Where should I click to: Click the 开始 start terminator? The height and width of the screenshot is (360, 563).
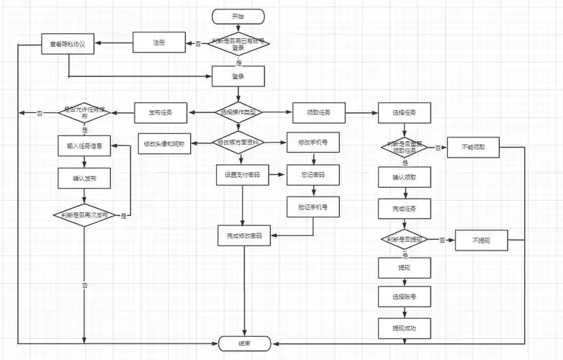click(x=238, y=16)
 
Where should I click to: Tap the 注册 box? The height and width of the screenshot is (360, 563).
click(x=159, y=43)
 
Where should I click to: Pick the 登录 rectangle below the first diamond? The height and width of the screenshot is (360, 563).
click(x=238, y=76)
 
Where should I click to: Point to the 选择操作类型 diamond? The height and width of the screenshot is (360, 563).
click(x=238, y=112)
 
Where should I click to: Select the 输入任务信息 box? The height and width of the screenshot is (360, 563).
click(x=84, y=145)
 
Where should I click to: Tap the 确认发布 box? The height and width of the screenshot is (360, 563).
click(x=84, y=178)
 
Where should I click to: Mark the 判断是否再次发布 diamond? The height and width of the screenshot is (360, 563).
click(x=84, y=215)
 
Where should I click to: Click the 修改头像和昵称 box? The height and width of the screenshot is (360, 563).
click(x=164, y=144)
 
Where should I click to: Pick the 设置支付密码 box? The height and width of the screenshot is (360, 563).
click(x=243, y=175)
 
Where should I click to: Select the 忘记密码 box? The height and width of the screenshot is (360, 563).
click(x=312, y=175)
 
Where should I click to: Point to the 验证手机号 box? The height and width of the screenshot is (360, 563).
click(x=312, y=207)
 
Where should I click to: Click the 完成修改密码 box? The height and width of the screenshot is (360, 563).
click(x=244, y=235)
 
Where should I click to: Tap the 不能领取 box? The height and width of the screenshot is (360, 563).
click(x=473, y=147)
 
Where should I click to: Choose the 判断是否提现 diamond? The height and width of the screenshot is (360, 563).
click(x=404, y=239)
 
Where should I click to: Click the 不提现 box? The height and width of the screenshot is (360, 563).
click(x=481, y=240)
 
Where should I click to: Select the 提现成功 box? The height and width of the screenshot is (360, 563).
click(x=404, y=328)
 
